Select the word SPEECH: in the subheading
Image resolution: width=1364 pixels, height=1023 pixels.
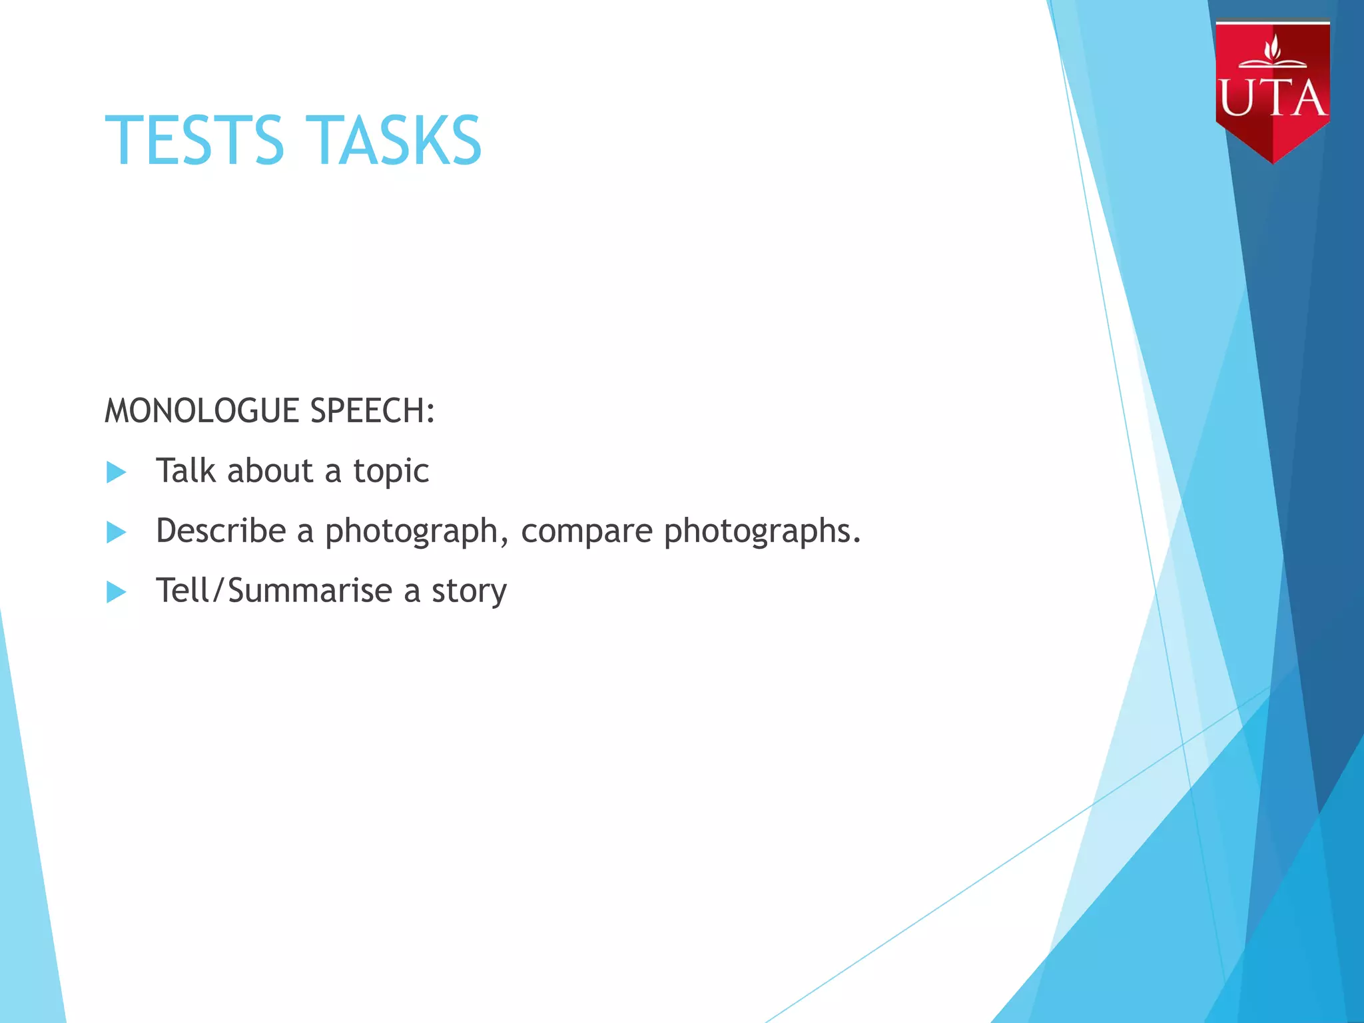click(x=372, y=410)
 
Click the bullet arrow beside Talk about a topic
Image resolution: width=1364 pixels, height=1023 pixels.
click(x=117, y=472)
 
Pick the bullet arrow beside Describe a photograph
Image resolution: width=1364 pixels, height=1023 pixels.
click(x=117, y=532)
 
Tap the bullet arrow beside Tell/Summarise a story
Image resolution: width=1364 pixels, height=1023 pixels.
click(x=117, y=592)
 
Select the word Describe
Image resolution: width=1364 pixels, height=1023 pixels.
click(x=221, y=531)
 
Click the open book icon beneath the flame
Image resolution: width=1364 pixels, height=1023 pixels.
click(x=1273, y=64)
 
